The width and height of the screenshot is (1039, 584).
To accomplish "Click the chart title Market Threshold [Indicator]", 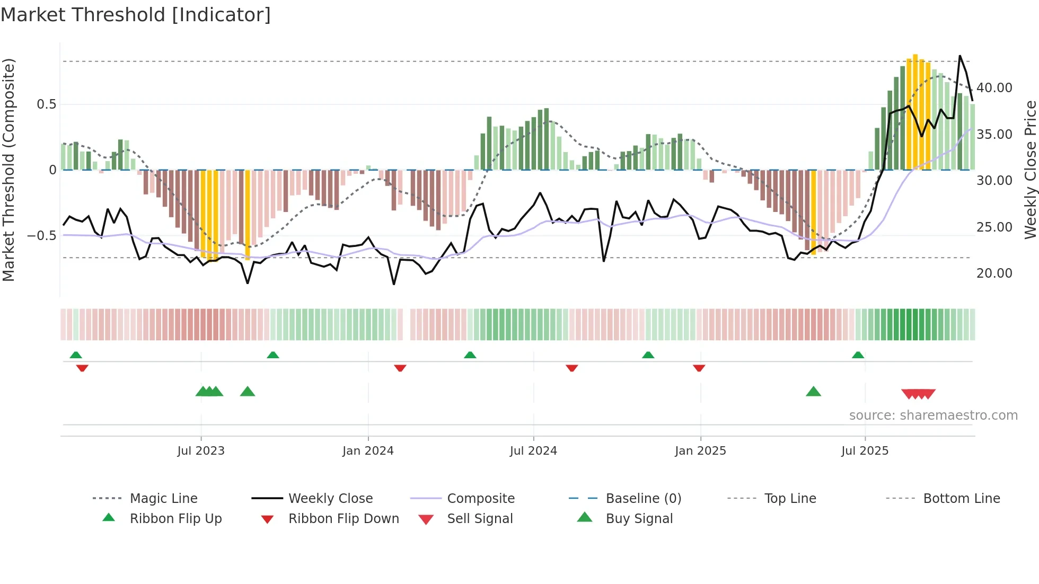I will click(x=136, y=15).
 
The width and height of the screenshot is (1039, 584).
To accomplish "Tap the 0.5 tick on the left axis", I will click(x=47, y=104).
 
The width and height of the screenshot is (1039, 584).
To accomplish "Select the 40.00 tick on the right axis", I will click(x=994, y=88).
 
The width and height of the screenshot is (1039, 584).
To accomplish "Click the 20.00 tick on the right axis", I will click(x=994, y=273).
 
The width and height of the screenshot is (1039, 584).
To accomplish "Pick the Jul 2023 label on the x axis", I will click(x=201, y=451).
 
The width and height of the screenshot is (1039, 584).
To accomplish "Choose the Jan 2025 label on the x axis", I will click(x=700, y=451).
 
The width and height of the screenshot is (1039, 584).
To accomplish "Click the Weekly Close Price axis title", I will click(x=1030, y=170).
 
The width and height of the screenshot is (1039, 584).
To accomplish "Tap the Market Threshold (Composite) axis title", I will click(x=9, y=170).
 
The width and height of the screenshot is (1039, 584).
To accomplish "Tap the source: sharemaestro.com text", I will click(x=933, y=415).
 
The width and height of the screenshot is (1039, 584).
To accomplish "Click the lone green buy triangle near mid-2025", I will click(x=813, y=392).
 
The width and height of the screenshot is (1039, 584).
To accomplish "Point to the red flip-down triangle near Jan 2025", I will click(x=699, y=368).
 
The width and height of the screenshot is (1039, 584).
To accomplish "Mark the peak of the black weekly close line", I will click(x=959, y=56).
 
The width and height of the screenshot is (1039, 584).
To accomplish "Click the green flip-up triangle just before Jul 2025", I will click(x=858, y=355).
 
